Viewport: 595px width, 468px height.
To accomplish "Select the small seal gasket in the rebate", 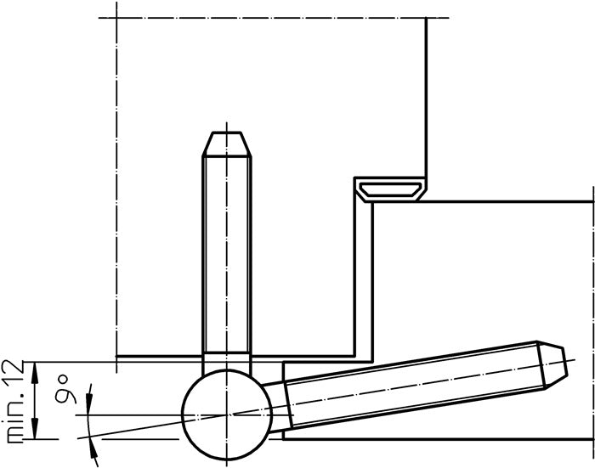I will [x=390, y=190].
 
